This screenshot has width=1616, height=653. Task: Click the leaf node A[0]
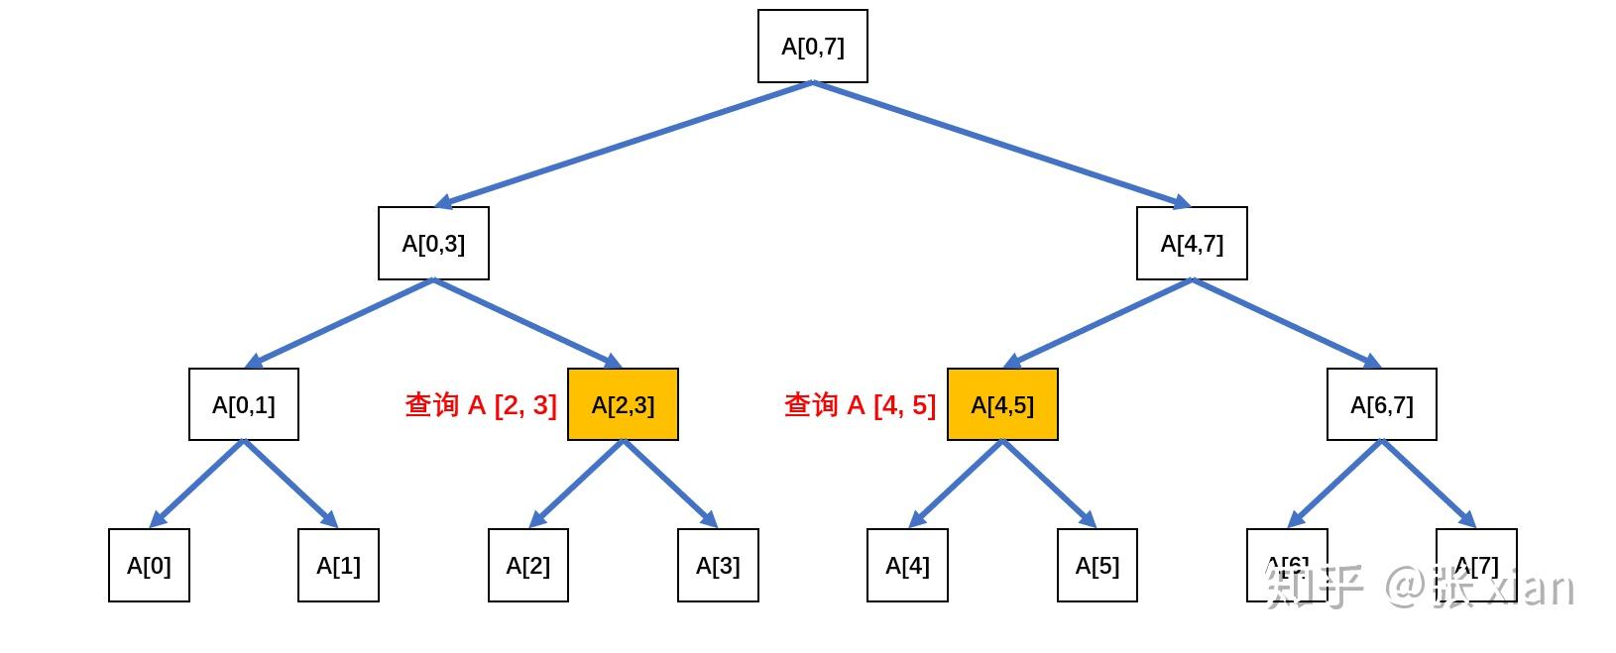point(149,566)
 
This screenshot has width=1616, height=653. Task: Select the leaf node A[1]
point(338,566)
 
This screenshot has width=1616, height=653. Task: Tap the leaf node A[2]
point(527,566)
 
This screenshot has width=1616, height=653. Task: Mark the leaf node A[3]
point(718,566)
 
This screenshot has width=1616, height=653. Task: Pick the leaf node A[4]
point(907,566)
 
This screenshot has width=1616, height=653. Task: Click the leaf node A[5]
point(1097,566)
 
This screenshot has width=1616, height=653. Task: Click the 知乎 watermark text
point(1315,587)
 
